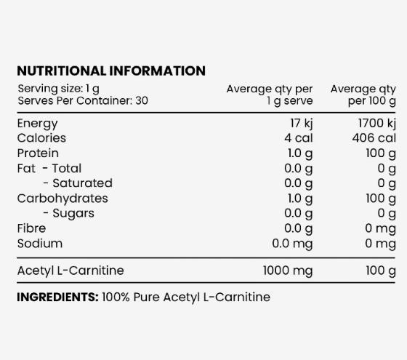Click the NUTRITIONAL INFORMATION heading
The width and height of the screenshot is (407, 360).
[x=110, y=71]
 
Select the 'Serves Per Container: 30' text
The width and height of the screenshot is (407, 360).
[x=82, y=100]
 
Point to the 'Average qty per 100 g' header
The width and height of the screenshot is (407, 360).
[x=363, y=95]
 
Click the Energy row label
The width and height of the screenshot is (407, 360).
[x=37, y=123]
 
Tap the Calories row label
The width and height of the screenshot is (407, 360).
[x=41, y=137]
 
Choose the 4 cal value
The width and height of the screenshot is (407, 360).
[x=298, y=137]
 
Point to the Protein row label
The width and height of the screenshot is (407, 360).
[x=38, y=153]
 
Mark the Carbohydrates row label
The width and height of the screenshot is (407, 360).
[x=62, y=198]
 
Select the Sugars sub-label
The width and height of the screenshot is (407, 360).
[x=73, y=213]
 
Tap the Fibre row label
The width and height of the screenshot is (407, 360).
[x=31, y=228]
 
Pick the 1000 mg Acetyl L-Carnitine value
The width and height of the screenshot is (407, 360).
[x=288, y=271]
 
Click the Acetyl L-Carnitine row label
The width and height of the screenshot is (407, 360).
[x=70, y=271]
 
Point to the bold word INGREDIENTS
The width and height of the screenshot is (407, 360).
[x=57, y=297]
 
